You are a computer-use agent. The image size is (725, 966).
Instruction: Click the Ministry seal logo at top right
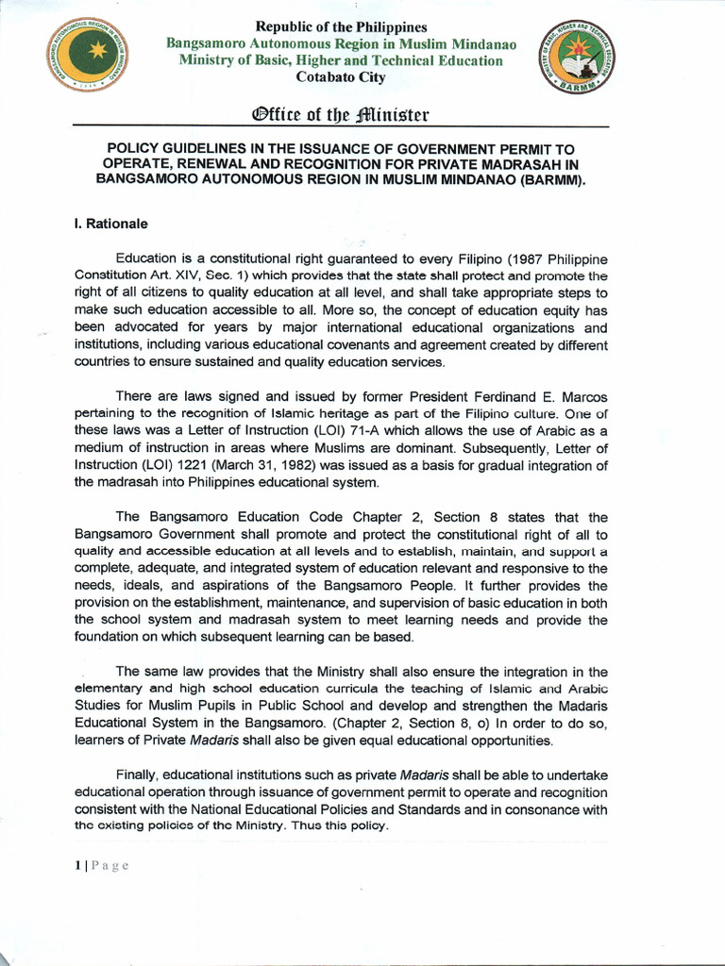pos(572,58)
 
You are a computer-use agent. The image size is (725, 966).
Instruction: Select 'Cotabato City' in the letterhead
pos(335,77)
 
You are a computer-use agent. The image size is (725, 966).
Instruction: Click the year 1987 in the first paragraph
pos(549,258)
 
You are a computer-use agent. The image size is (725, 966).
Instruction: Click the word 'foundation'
pos(108,638)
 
